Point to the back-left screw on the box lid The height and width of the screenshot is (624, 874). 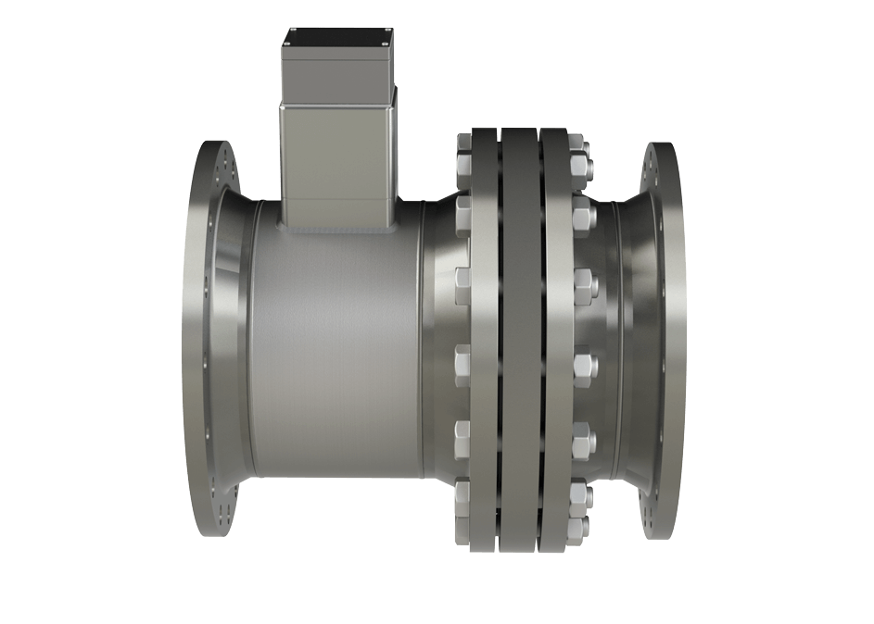click(294, 31)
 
